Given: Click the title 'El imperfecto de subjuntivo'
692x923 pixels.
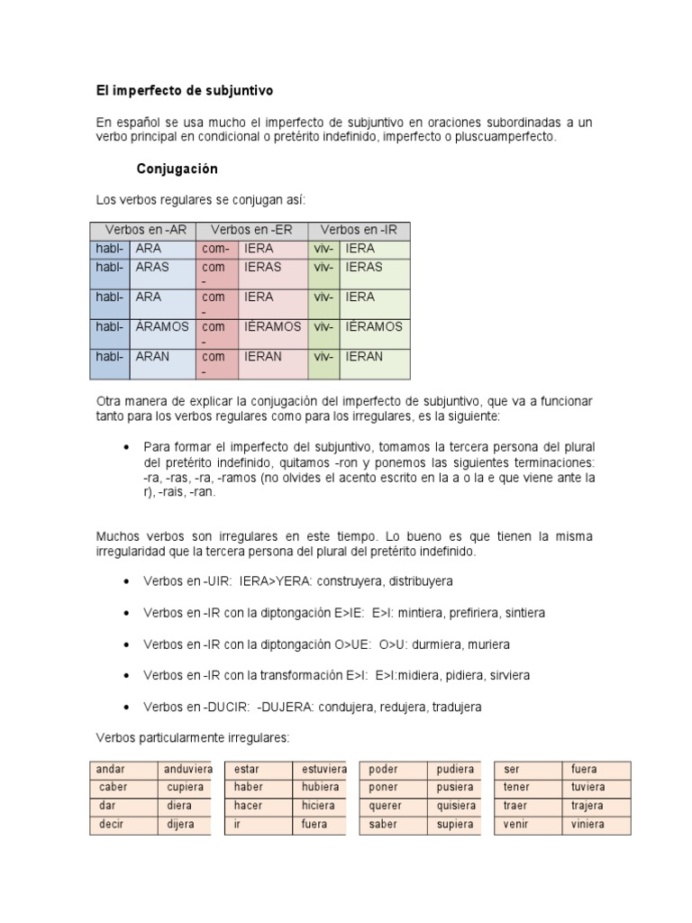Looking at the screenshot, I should tap(184, 91).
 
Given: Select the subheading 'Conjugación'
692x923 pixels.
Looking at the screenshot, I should tap(177, 169).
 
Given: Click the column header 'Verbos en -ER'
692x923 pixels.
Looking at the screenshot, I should tap(252, 230).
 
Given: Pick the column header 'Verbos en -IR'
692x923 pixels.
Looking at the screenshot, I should tap(358, 230).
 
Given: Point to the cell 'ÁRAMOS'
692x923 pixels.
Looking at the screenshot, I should tap(161, 326).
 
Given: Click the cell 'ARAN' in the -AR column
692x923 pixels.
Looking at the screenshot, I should tap(152, 356).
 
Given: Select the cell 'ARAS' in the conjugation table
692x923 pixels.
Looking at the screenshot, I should tap(152, 267).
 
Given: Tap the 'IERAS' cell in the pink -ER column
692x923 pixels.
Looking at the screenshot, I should tap(262, 267).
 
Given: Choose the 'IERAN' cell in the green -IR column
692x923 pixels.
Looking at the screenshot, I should tap(364, 356).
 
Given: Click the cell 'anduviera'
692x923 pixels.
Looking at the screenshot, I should tap(187, 770).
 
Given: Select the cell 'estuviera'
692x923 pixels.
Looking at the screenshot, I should tap(323, 770).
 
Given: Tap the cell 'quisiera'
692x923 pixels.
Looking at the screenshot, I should tap(455, 806).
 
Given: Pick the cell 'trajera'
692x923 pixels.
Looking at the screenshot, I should tap(587, 806).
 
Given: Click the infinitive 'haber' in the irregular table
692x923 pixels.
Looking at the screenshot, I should tap(248, 788).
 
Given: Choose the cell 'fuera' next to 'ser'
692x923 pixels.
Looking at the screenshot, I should tap(584, 770).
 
